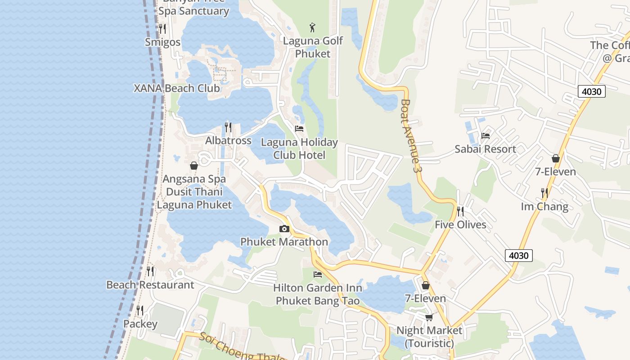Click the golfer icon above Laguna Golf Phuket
click(313, 27)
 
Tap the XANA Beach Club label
click(177, 88)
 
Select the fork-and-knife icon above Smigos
click(162, 29)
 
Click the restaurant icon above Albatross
click(228, 127)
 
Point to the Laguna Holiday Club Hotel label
click(299, 148)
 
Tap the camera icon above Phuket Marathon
click(284, 229)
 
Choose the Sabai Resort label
click(485, 149)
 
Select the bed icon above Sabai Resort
click(486, 135)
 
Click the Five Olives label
click(460, 225)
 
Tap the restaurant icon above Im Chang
click(544, 193)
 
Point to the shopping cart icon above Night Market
click(429, 317)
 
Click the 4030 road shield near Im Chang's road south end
click(518, 256)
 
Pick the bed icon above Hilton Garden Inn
click(318, 274)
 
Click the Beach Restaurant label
click(150, 285)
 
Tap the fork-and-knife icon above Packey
click(140, 310)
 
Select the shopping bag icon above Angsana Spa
click(194, 166)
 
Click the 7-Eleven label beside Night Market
click(425, 298)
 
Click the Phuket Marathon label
click(284, 242)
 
